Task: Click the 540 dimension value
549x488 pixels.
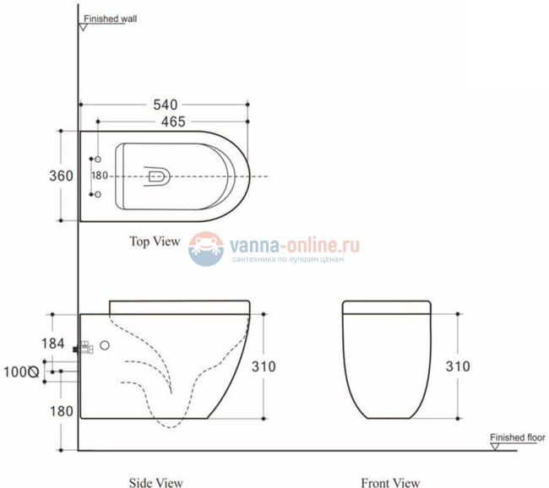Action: [165, 105]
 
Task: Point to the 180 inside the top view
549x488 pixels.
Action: [100, 176]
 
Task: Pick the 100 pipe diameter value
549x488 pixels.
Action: [14, 371]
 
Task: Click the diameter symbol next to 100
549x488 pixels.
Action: [34, 371]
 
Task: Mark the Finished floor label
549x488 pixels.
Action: [518, 437]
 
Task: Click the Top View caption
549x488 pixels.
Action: [155, 241]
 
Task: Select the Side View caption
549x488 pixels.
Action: [155, 483]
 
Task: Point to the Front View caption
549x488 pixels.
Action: [390, 483]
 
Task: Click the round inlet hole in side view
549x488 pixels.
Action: [106, 345]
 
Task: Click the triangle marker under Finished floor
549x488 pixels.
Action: [497, 447]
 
